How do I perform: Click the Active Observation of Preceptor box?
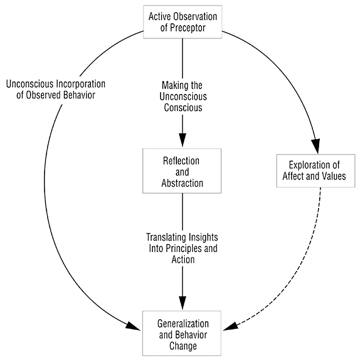[183, 22]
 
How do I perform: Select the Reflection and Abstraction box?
[182, 171]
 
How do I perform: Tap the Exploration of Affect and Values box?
[315, 171]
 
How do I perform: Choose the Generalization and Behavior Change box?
[182, 333]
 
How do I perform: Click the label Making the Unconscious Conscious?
[183, 96]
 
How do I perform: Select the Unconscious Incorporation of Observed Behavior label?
[56, 90]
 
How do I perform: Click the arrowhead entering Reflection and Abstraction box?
[182, 139]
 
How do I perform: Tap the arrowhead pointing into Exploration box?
[316, 146]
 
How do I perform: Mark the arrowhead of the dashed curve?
[231, 326]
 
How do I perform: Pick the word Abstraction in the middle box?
[182, 183]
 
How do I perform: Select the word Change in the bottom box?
[183, 346]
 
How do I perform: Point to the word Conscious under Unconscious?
[183, 107]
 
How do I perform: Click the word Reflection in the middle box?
[181, 161]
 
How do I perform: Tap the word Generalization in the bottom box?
[183, 324]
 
